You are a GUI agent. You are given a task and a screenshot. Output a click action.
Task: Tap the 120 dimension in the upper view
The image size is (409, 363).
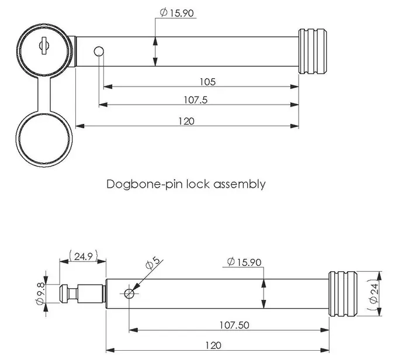(x=186, y=121)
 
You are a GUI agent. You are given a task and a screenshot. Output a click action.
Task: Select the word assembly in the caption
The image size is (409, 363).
(x=240, y=184)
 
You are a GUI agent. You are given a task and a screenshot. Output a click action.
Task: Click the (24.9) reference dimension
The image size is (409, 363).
(x=83, y=255)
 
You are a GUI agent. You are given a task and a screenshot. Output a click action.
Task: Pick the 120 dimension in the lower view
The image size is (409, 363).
(x=213, y=345)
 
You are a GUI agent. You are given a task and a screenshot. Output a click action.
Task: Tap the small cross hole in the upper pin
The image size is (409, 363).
(x=100, y=52)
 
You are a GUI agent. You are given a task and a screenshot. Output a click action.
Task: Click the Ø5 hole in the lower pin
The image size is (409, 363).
(x=129, y=294)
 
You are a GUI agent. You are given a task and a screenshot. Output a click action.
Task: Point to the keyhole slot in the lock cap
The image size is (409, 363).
(x=43, y=44)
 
